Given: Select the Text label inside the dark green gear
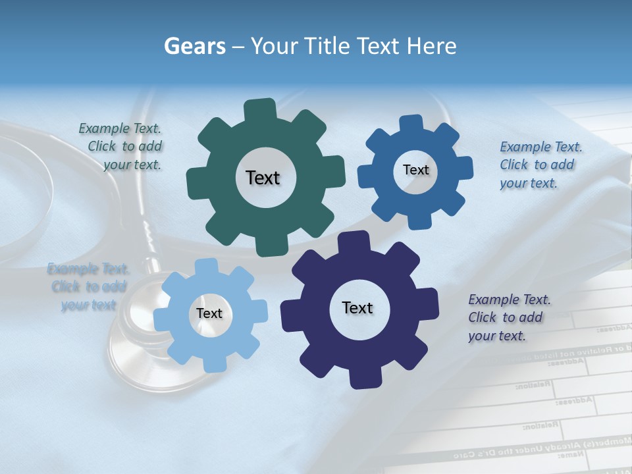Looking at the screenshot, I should coord(263,178).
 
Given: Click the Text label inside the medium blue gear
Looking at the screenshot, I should coord(415,170).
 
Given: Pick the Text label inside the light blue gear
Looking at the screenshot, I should coord(209,314).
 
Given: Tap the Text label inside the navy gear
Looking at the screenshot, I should coord(357,308).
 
